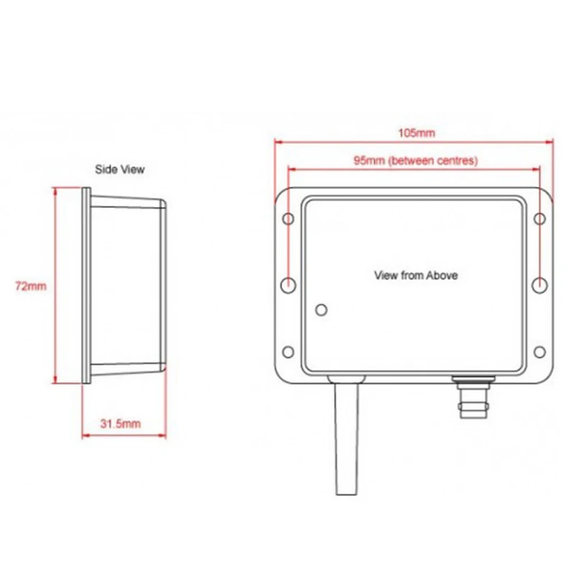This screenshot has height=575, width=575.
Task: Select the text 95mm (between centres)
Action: (x=415, y=161)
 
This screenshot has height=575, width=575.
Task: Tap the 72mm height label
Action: (x=30, y=286)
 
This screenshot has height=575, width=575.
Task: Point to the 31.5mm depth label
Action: (x=121, y=424)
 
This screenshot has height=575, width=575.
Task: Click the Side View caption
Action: (x=120, y=170)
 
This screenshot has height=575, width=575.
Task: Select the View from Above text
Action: (x=415, y=275)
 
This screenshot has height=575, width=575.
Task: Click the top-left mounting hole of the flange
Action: (x=287, y=219)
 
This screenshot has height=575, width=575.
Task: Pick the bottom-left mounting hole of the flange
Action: (x=287, y=351)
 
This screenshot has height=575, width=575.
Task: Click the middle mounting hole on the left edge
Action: (x=287, y=285)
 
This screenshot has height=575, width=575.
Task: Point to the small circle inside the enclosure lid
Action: (x=321, y=309)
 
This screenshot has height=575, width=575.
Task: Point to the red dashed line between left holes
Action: (x=287, y=252)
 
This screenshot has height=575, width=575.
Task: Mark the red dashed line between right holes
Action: (x=540, y=252)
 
